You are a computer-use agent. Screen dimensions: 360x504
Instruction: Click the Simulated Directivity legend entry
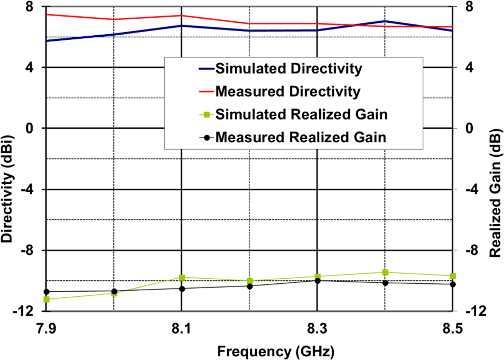pos(288,68)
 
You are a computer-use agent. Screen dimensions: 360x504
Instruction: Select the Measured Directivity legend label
pos(288,91)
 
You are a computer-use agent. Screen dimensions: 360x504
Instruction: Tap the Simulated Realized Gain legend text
pos(301,114)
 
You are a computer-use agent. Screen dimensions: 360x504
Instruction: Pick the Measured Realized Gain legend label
pos(301,138)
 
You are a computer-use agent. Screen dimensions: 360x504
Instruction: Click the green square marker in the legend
pos(207,114)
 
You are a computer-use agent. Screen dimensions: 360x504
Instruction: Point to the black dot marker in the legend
pos(207,138)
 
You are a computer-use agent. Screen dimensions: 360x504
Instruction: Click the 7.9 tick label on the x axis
pos(46,328)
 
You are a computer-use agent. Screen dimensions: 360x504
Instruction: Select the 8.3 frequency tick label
pos(317,328)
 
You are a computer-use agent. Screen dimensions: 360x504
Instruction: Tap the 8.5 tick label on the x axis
pos(452,328)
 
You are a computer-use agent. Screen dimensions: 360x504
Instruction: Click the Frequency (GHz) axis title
pos(276,351)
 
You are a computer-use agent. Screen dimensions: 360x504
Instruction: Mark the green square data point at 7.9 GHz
pos(46,299)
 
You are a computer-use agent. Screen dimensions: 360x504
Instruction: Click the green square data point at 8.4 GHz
pos(385,272)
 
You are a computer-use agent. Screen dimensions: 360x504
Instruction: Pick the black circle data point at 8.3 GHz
pos(318,280)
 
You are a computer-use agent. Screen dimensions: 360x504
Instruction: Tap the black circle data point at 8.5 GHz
pos(453,284)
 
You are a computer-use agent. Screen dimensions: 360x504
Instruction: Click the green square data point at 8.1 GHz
pos(182,278)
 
